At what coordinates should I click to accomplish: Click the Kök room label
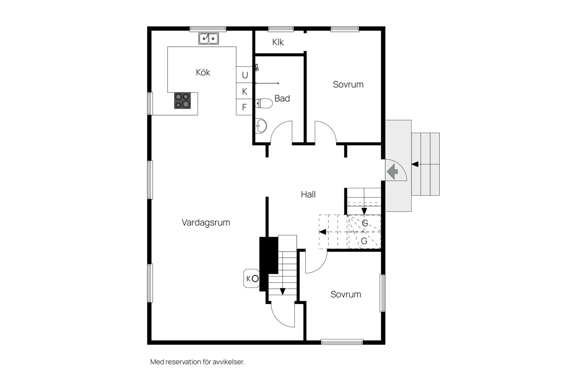(x=203, y=72)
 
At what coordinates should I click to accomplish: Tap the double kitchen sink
(x=208, y=38)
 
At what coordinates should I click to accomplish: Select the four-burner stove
(x=183, y=101)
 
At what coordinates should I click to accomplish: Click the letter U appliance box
(x=244, y=75)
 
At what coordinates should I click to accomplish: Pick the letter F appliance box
(x=244, y=107)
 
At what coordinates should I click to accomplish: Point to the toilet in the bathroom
(x=264, y=103)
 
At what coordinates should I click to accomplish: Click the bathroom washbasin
(x=261, y=126)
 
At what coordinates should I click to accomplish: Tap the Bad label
(x=282, y=98)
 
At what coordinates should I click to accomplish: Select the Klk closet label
(x=278, y=42)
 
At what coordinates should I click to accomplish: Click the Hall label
(x=308, y=194)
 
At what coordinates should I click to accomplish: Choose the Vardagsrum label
(x=206, y=223)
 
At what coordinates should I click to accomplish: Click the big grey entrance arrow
(x=392, y=172)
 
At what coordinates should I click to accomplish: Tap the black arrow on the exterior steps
(x=415, y=164)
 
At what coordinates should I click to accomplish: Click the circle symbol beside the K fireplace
(x=255, y=278)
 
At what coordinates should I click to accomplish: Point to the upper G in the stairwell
(x=365, y=223)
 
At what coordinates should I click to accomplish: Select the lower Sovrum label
(x=346, y=294)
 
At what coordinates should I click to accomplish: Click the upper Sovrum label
(x=348, y=84)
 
